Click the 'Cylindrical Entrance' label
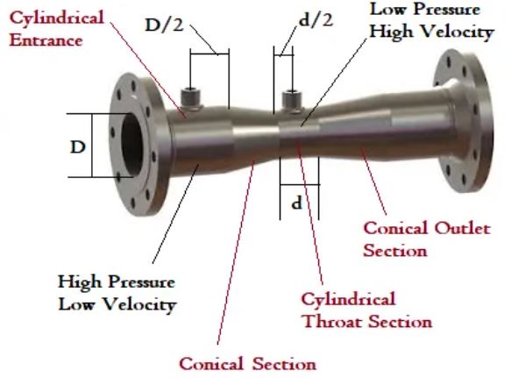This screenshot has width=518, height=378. [56, 29]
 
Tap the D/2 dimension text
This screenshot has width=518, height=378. [164, 25]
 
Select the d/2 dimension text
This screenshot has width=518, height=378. [316, 20]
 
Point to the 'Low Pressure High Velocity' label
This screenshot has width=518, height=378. [431, 21]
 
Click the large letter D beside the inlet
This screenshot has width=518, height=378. [78, 146]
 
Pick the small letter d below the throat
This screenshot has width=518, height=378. [296, 203]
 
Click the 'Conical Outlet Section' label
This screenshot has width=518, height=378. [427, 239]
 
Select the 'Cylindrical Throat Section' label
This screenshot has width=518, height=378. [366, 310]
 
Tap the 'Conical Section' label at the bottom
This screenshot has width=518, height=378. [248, 363]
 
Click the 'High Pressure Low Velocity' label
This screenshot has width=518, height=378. [117, 293]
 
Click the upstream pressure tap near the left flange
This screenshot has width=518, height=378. [191, 98]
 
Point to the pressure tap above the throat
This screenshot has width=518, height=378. [292, 101]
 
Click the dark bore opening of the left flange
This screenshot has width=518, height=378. [132, 145]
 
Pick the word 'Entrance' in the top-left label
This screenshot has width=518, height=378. [46, 40]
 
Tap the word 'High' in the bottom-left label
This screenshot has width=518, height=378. [80, 282]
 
